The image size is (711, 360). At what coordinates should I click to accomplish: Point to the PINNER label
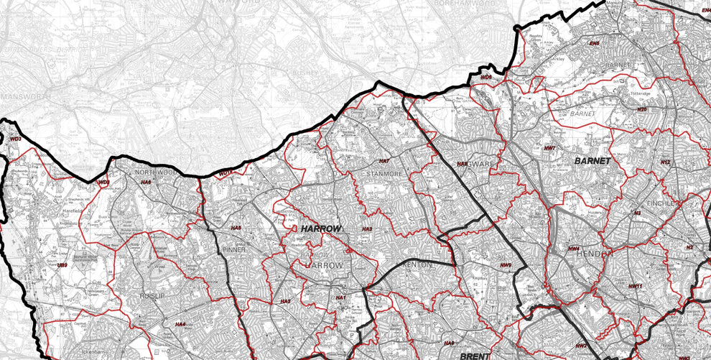coord(234,249)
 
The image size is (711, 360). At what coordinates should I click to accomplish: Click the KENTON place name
coord(418,264)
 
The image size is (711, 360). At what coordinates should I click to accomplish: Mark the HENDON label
coord(595,254)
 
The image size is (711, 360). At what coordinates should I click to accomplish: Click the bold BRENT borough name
coord(475,356)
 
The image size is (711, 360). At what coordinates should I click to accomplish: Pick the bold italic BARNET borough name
coord(592,161)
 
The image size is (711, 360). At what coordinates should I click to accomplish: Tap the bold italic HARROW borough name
coord(320,229)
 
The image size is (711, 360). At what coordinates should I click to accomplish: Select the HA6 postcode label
coord(146,183)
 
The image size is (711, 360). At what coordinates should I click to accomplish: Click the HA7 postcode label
coord(384,161)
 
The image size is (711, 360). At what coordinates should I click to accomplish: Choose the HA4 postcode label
coord(180,325)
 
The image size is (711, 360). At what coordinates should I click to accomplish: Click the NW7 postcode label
coord(550,148)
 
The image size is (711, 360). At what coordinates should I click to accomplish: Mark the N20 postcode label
coord(642,109)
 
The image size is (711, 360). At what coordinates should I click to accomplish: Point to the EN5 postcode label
coord(594,44)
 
